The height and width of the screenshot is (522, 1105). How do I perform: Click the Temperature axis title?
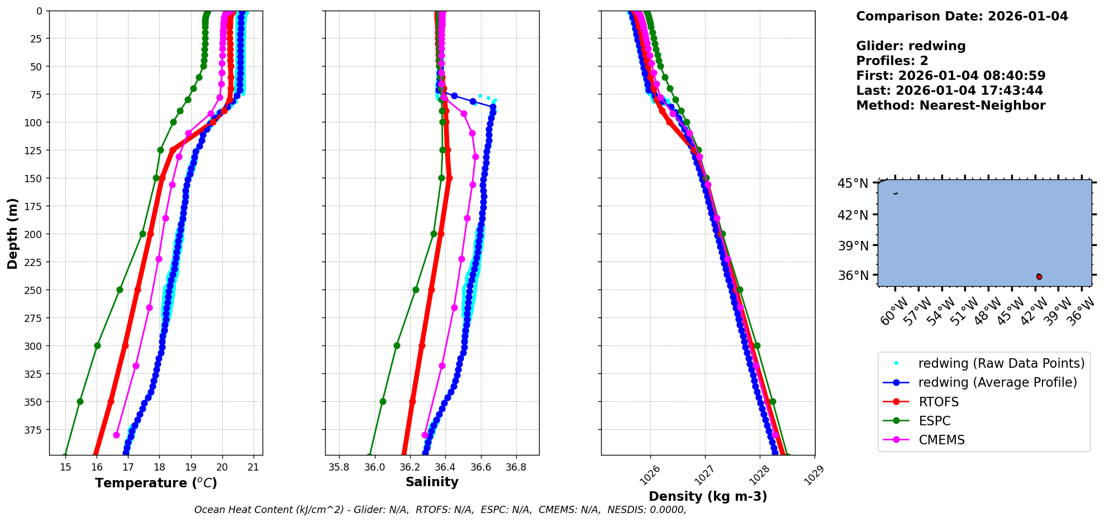156,483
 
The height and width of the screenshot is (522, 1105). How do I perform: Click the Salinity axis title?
432,482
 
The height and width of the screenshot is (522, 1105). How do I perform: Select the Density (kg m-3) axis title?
708,496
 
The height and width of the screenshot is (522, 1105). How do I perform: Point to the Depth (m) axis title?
12,233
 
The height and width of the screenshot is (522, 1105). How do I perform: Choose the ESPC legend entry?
935,421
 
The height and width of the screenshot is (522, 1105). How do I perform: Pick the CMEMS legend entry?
941,440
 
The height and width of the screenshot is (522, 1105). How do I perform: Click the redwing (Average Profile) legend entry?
997,382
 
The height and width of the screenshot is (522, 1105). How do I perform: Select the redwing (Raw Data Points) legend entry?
1001,363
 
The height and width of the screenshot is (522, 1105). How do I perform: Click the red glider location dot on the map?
1039,277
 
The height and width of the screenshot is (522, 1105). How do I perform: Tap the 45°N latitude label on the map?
852,183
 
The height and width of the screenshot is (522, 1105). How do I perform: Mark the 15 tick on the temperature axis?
65,467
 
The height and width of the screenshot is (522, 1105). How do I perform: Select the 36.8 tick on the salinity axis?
516,467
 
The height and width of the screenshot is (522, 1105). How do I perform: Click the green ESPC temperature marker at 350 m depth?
80,401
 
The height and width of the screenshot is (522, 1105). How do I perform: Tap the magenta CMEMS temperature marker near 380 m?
116,435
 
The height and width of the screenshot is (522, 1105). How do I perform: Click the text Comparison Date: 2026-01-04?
961,16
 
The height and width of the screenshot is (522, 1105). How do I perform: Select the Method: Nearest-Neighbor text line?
950,105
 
